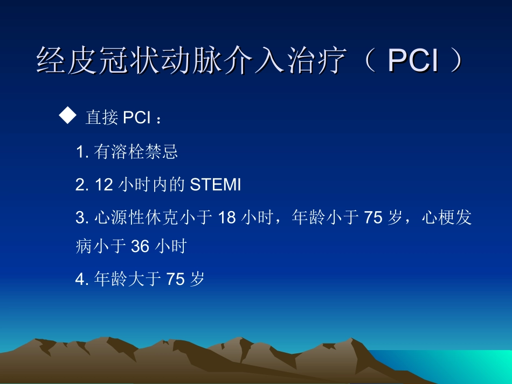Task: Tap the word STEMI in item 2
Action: click(x=216, y=185)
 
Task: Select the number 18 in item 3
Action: click(x=227, y=218)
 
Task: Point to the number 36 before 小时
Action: click(x=140, y=247)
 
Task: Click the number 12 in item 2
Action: click(x=103, y=185)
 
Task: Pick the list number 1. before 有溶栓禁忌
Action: click(x=82, y=153)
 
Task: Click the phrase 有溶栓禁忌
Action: click(x=136, y=153)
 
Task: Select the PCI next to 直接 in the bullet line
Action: click(x=137, y=118)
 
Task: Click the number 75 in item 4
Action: click(x=176, y=279)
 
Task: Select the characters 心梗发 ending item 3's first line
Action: click(x=447, y=218)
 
